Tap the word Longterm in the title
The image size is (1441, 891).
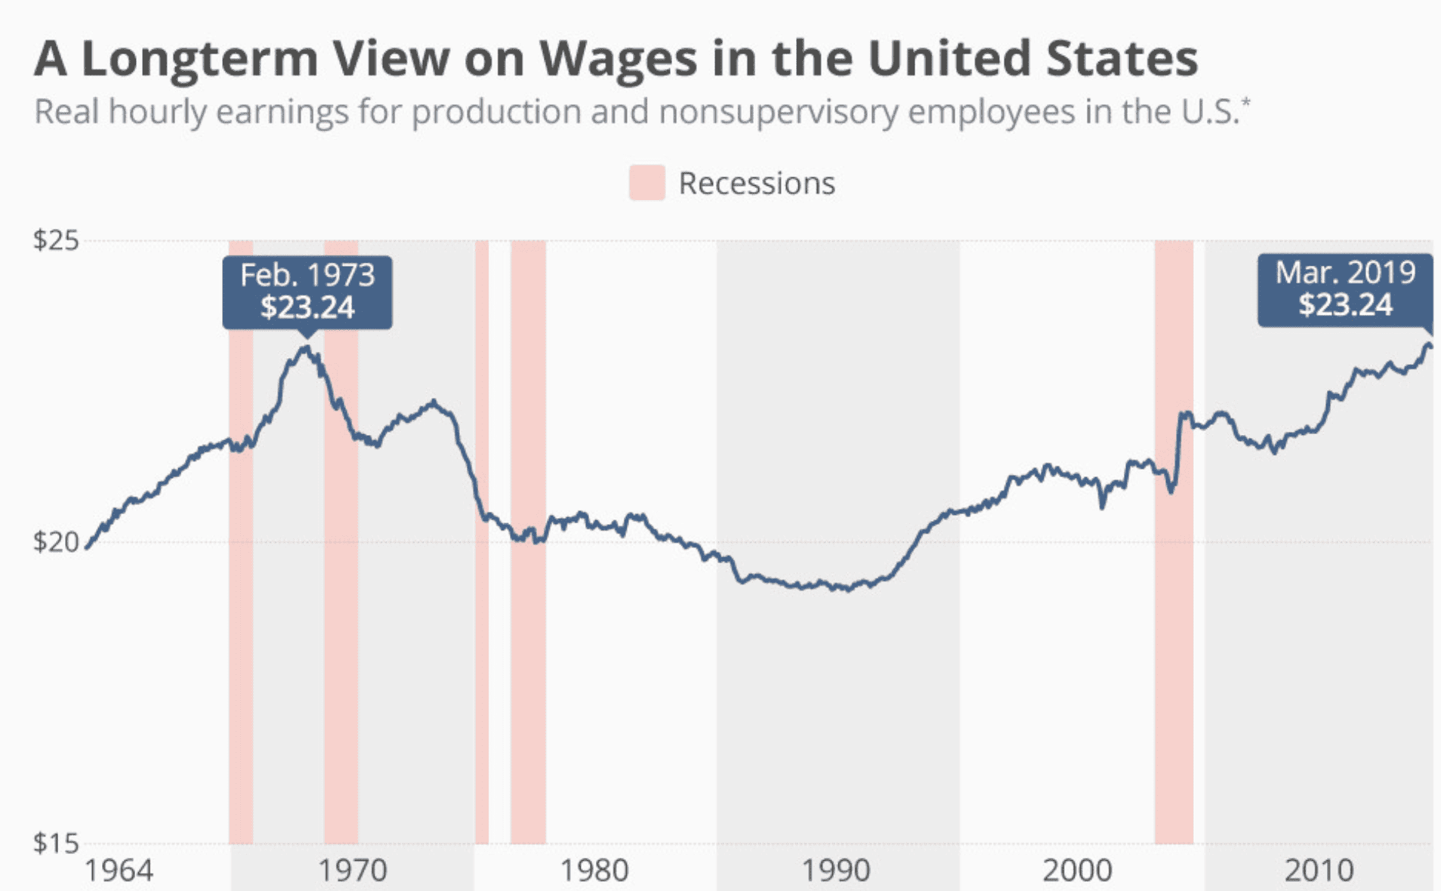click(x=199, y=59)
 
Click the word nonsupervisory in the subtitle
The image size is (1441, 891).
click(x=778, y=112)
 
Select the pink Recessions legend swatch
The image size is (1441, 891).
click(x=646, y=183)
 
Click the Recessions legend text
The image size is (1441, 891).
click(x=756, y=183)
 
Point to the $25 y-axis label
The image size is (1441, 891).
click(x=55, y=241)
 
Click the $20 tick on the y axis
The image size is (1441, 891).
click(x=55, y=542)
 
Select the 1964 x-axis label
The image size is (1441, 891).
click(x=118, y=871)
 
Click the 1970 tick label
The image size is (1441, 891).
click(x=352, y=871)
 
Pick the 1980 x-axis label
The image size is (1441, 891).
click(x=594, y=871)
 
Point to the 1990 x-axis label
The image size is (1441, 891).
click(x=835, y=871)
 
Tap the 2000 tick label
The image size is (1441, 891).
click(x=1077, y=871)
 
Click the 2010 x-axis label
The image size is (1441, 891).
click(x=1319, y=871)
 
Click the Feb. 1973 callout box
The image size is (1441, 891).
click(x=307, y=291)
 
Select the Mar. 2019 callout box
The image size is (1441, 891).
click(x=1344, y=289)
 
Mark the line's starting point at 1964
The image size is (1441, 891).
click(x=88, y=547)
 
